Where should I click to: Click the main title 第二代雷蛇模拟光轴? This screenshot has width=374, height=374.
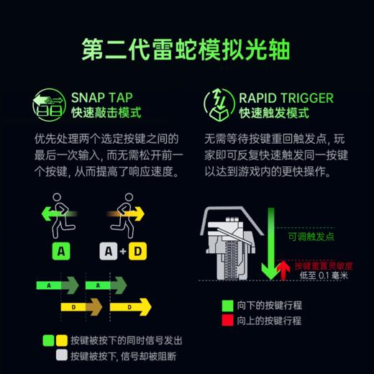coord(186,50)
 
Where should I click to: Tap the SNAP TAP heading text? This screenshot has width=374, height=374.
coord(106,97)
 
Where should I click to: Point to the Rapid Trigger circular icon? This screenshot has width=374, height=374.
coord(219,105)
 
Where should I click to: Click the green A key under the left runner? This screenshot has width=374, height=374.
coord(60,252)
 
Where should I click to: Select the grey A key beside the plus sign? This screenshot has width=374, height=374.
coord(108,252)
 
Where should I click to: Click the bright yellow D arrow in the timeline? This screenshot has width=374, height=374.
coord(129,307)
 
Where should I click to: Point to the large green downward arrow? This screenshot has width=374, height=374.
coord(270,245)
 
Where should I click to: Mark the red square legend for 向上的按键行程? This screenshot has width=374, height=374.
coord(229,320)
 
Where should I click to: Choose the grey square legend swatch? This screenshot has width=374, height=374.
coord(61,354)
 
